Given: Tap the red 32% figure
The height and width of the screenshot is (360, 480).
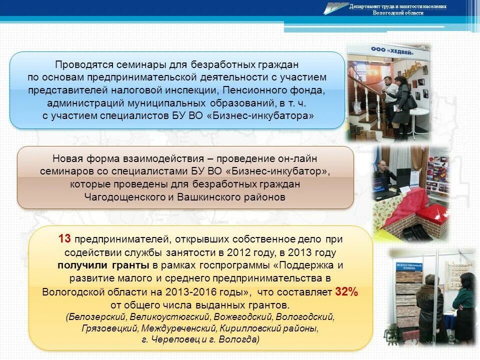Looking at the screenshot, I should [346, 292].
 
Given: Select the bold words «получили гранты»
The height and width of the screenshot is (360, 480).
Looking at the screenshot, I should [103, 265].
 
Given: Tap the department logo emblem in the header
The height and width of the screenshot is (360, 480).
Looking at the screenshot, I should [336, 8].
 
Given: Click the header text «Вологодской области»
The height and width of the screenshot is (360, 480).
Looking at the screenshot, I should [398, 13].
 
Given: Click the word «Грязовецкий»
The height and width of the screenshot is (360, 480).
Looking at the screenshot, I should [109, 328].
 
